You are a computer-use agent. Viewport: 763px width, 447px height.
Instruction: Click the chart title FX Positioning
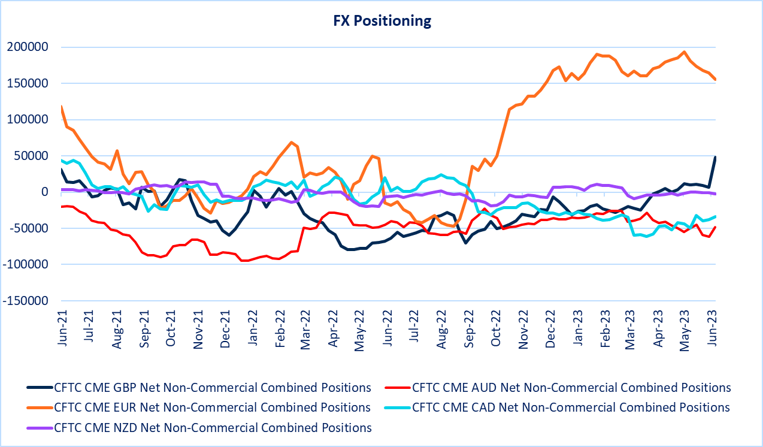381,21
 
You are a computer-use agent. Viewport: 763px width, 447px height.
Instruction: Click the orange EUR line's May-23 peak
685,52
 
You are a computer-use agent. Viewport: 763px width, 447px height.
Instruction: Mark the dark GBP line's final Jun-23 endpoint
715,157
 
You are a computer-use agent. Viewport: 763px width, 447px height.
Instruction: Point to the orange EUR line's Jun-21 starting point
62,107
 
